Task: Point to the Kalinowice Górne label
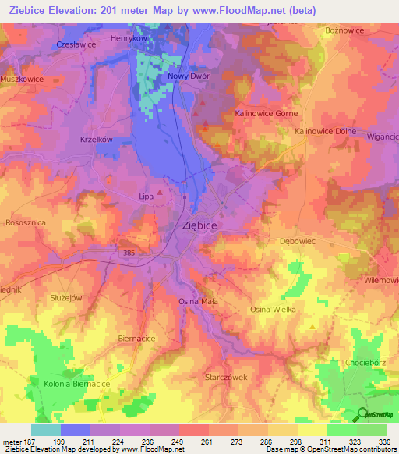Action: [267, 114]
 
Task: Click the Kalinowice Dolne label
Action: [325, 132]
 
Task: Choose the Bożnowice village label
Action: [344, 30]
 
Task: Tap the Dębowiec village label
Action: [297, 242]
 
